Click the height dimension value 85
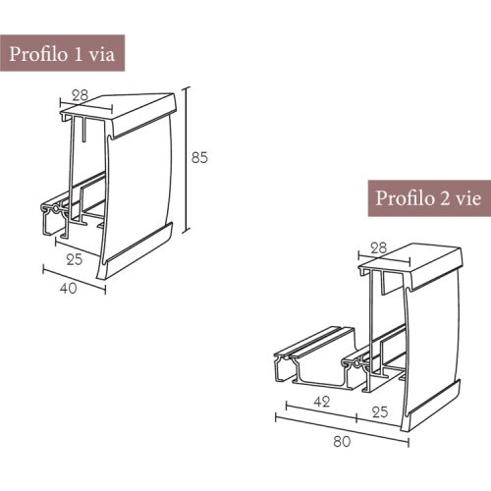click(x=199, y=157)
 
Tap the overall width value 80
click(x=342, y=442)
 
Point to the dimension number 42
click(x=320, y=402)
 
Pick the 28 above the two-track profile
click(x=378, y=247)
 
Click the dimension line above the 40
click(x=74, y=276)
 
